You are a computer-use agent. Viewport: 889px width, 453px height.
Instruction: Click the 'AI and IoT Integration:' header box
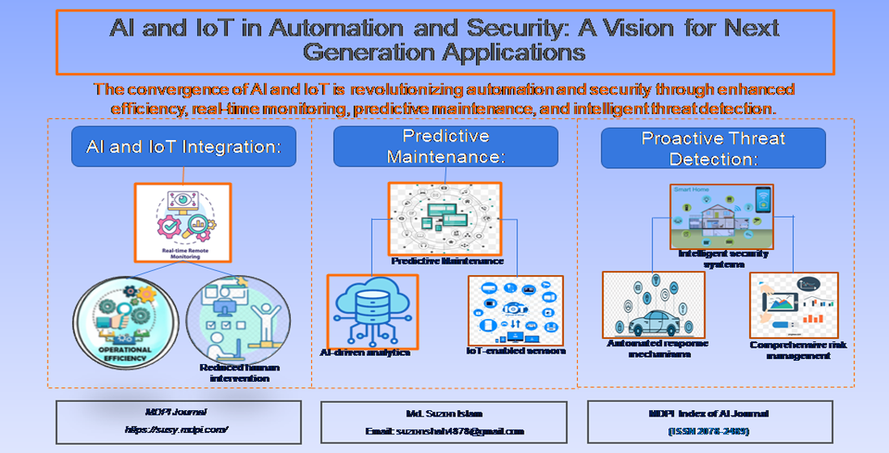(x=183, y=146)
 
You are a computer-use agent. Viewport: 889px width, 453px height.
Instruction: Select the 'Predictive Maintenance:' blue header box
(x=445, y=146)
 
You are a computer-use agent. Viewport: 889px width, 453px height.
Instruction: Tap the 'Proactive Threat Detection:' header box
(x=713, y=148)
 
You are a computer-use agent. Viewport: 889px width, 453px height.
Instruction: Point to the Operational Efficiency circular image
(x=125, y=317)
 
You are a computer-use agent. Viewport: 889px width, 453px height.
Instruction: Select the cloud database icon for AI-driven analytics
(x=372, y=310)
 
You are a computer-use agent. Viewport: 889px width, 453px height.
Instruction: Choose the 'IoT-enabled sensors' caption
(x=516, y=350)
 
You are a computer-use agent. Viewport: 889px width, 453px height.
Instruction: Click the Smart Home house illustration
(x=722, y=215)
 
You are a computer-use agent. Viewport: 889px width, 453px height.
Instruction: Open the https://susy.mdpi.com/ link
(x=178, y=430)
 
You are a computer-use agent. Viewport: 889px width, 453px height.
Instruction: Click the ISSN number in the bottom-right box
(x=709, y=431)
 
